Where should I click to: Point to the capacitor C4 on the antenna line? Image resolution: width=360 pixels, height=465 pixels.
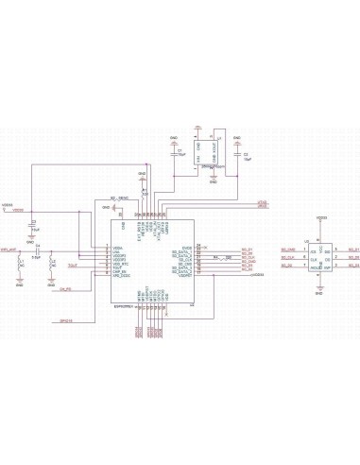tap(36, 252)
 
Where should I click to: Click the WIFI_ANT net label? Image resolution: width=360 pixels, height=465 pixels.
tap(9, 249)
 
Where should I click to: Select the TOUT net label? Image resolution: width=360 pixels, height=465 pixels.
tap(73, 267)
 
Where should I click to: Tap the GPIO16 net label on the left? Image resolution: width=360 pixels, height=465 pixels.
tap(66, 321)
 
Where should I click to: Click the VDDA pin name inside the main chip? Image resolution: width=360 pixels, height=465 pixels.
tap(117, 248)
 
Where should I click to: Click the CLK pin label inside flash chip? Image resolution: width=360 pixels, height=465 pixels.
tap(313, 259)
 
